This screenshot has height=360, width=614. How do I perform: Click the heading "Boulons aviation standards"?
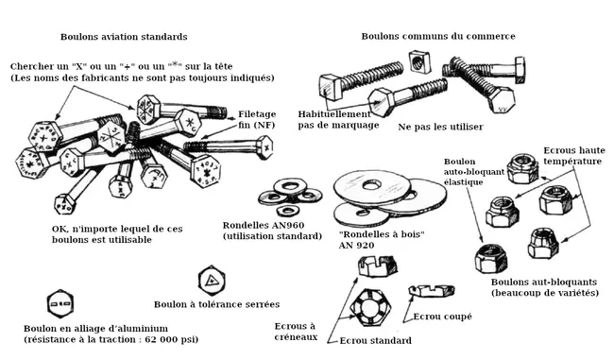tap(124, 37)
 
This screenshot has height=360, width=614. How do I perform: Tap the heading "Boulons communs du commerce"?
tap(438, 37)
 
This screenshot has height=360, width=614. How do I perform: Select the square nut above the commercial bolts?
tap(420, 61)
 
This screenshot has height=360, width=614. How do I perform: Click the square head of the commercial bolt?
tap(330, 87)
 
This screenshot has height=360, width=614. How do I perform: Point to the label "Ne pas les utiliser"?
tap(440, 127)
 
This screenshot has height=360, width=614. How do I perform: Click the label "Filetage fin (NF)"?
tap(257, 119)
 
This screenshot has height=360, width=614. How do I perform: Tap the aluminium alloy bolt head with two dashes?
tap(60, 303)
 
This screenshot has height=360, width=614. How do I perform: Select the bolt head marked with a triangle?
tap(212, 281)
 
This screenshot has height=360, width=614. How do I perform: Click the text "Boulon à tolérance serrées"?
tap(216, 304)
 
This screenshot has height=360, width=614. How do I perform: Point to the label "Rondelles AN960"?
tap(264, 226)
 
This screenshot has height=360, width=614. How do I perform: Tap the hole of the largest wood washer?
tap(371, 184)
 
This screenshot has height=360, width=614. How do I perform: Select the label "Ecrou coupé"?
tap(442, 317)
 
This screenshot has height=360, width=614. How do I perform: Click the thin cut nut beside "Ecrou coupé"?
tap(432, 291)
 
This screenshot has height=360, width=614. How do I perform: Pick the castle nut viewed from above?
tap(369, 307)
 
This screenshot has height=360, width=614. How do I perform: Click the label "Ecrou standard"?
tap(376, 341)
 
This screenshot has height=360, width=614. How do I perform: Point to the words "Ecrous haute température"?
tap(574, 156)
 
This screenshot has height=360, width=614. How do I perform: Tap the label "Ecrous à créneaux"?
tap(296, 332)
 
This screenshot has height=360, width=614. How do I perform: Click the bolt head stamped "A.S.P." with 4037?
tap(206, 171)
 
